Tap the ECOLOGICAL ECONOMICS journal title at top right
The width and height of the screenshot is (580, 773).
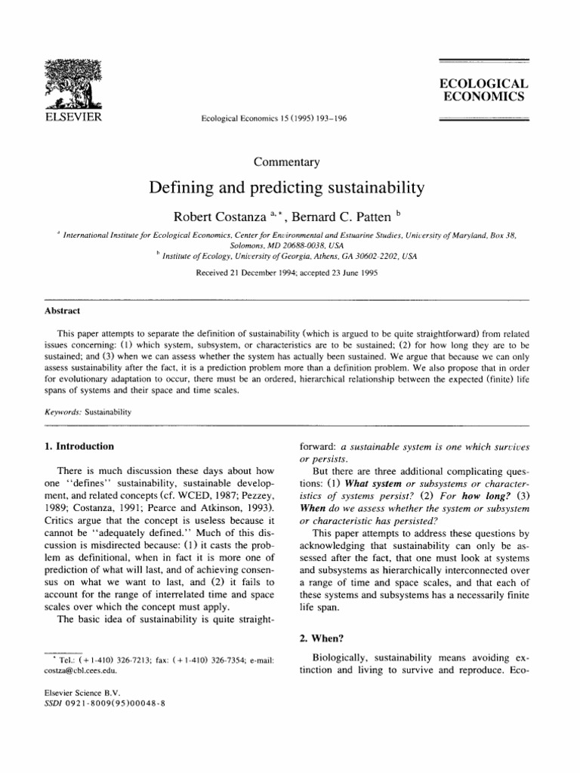[x=483, y=90]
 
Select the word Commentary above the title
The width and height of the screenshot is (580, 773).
[x=289, y=161]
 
